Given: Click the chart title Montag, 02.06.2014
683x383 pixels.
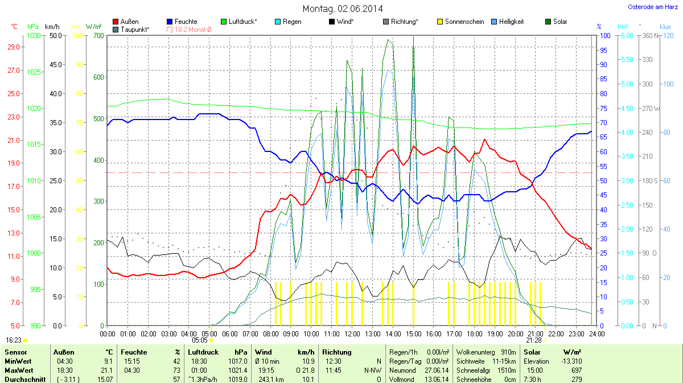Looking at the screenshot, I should [342, 9].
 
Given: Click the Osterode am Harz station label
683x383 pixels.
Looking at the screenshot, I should [651, 7].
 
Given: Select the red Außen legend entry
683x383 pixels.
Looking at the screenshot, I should [126, 22].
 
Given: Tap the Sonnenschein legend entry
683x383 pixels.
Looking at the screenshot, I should [460, 22].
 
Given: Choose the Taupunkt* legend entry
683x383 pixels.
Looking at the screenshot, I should [130, 29].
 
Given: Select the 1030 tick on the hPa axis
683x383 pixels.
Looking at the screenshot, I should [34, 36].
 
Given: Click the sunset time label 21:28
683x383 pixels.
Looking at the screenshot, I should [534, 340].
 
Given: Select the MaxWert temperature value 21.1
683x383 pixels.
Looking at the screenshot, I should [107, 370].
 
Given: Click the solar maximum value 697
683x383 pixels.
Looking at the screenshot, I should [577, 370].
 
